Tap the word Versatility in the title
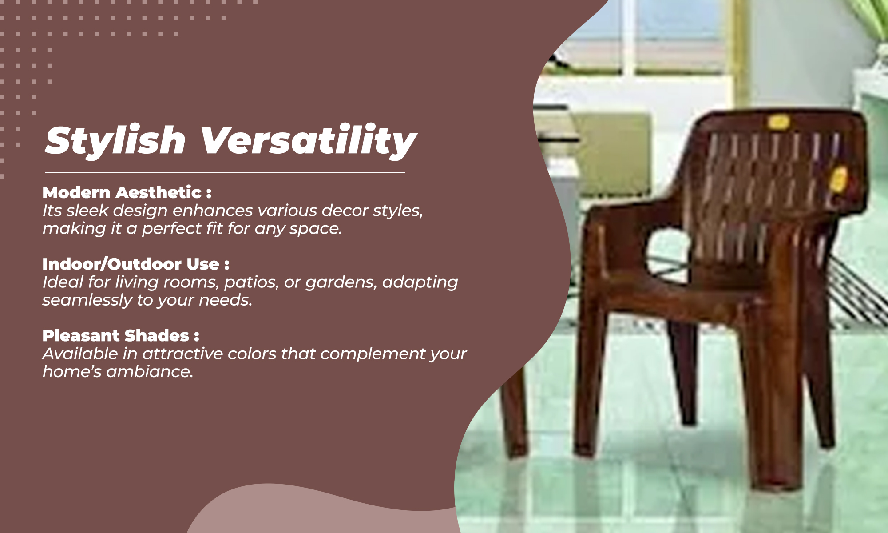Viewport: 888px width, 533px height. click(309, 140)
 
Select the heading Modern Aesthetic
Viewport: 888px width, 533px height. click(122, 192)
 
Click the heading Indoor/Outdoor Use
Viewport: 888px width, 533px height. click(131, 264)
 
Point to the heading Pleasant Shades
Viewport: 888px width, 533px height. click(116, 335)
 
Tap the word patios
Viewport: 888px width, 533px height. click(251, 282)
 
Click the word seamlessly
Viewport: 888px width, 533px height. click(87, 300)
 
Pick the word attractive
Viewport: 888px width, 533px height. click(183, 354)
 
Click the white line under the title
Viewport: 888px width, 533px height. click(225, 172)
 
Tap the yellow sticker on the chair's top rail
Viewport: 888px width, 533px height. click(778, 122)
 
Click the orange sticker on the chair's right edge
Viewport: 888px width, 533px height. click(839, 179)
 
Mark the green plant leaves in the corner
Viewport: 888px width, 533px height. click(870, 18)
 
